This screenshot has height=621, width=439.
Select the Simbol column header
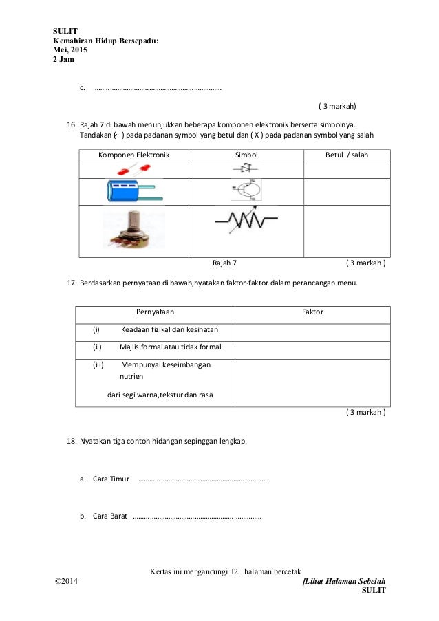246,155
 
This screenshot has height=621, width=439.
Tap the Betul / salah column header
346,155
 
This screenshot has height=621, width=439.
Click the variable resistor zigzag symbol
246,221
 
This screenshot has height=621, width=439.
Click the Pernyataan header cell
154,312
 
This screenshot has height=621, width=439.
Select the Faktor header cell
313,312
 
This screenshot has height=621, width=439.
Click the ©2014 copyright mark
67,582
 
